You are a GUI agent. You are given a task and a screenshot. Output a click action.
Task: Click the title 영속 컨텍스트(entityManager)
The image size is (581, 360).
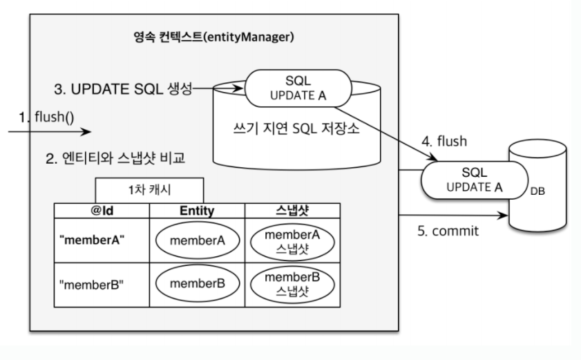(x=213, y=37)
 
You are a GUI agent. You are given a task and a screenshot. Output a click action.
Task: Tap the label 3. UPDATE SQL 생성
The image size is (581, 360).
(x=123, y=89)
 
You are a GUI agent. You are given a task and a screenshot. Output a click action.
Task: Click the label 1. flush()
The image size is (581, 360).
(x=47, y=117)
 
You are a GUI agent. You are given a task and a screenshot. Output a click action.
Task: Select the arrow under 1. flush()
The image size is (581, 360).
(x=50, y=131)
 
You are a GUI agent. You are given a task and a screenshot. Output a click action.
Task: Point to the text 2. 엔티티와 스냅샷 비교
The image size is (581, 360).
(x=115, y=158)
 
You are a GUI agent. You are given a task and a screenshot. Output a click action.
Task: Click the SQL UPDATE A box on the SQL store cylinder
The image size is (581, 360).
(x=298, y=88)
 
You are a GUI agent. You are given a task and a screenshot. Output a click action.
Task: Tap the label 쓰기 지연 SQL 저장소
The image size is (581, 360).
(x=296, y=129)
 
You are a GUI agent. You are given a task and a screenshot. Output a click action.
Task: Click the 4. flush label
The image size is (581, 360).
(x=444, y=141)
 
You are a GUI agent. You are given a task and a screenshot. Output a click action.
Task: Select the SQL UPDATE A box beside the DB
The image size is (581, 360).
(x=475, y=180)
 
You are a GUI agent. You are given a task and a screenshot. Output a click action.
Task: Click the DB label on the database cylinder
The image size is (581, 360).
(x=537, y=191)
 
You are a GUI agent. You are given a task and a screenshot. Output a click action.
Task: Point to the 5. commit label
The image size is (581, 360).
(x=448, y=231)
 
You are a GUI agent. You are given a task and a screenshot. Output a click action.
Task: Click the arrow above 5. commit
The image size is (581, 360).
(x=453, y=215)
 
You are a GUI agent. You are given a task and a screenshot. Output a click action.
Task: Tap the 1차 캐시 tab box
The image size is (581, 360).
(x=149, y=190)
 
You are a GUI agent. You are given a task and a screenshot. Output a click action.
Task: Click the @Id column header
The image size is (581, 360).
(x=102, y=211)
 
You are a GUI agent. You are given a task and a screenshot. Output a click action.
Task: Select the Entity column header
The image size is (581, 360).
(x=197, y=211)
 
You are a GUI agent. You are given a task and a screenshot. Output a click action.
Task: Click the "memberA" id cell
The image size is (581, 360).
(x=102, y=240)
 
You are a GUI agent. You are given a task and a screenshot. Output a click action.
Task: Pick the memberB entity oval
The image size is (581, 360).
(x=198, y=283)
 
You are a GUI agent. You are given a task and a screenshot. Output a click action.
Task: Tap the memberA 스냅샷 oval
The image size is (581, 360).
(x=292, y=241)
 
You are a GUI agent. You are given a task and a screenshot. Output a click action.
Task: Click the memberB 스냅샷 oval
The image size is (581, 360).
(x=292, y=284)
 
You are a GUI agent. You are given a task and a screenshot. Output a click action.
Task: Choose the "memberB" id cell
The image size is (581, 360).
(x=102, y=285)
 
